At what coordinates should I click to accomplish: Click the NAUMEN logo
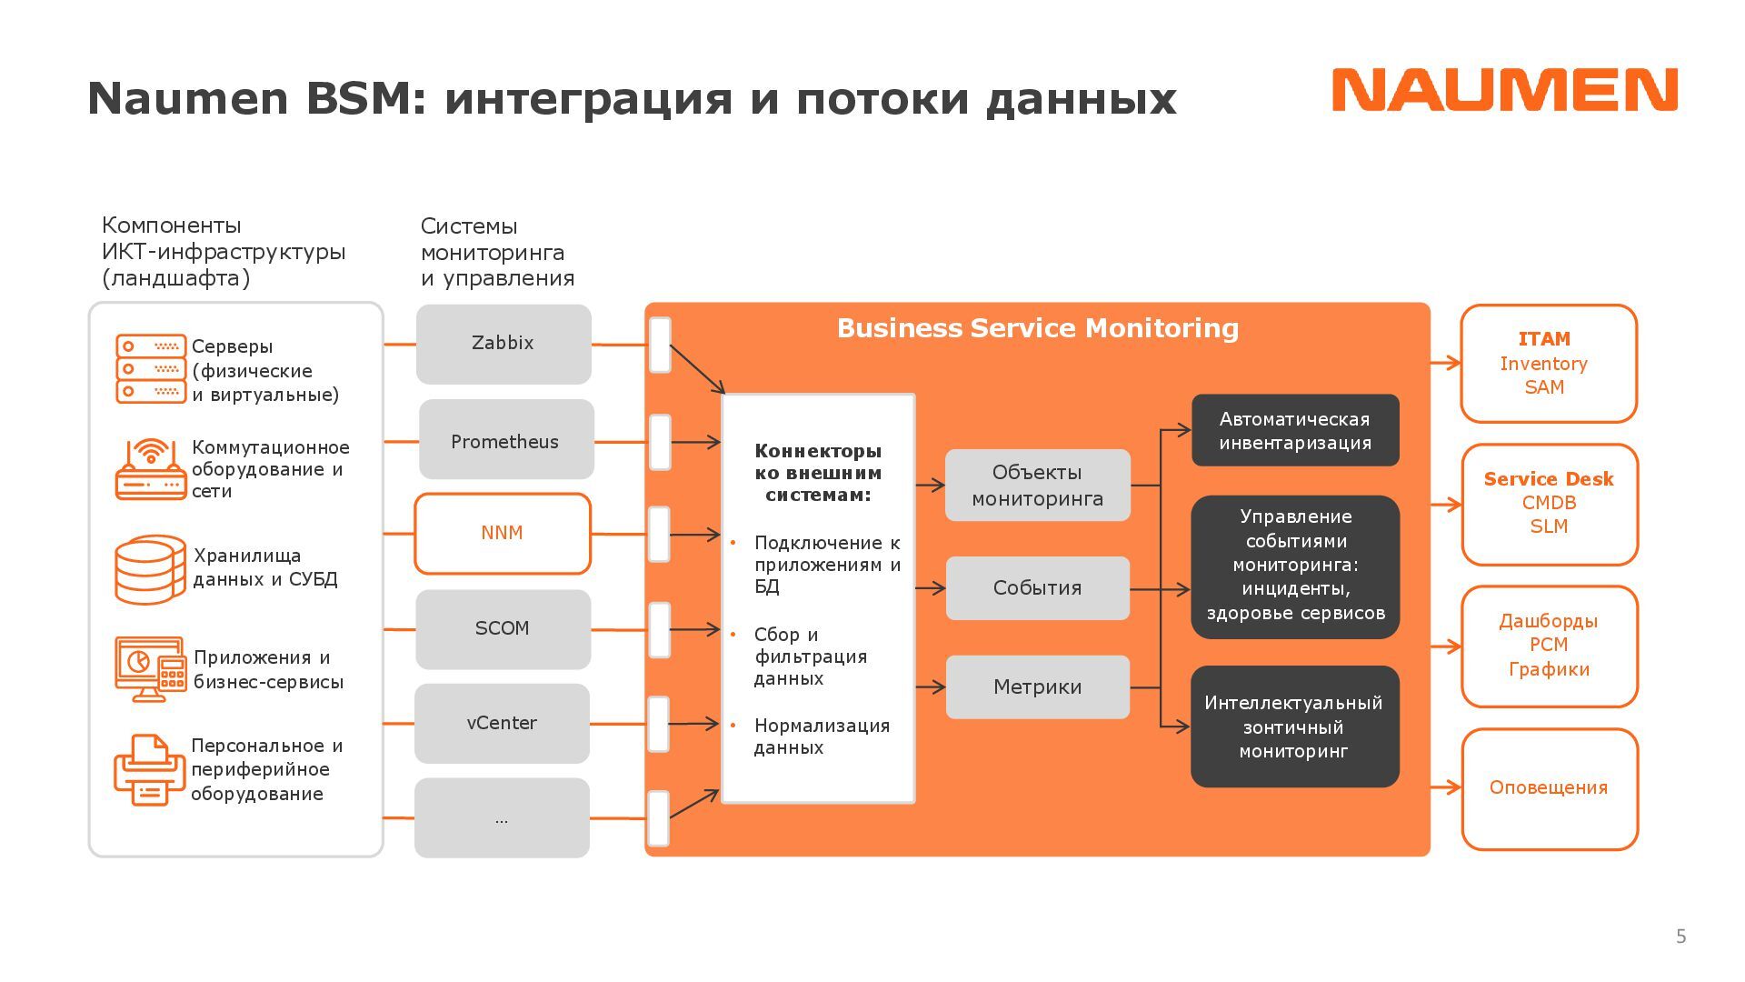tap(1504, 90)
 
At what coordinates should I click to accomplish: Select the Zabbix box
tap(504, 344)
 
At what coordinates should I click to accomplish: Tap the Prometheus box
tap(505, 440)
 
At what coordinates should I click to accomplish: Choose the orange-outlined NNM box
tap(503, 533)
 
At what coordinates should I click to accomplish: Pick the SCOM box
tap(503, 629)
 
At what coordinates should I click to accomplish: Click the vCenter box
tap(502, 724)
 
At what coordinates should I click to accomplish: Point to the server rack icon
tap(150, 368)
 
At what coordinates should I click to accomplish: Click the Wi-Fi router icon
tap(150, 469)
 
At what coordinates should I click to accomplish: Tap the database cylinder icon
tap(150, 569)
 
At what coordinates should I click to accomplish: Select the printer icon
tap(149, 769)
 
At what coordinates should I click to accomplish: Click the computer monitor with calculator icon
tap(150, 668)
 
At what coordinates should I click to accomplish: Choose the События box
tap(1037, 588)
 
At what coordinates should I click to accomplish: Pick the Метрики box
tap(1037, 687)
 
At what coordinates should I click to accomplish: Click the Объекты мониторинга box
tap(1037, 486)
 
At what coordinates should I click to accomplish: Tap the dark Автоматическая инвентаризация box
tap(1295, 431)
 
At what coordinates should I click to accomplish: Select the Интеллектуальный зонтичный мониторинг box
tap(1294, 726)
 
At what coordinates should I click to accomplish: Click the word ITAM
tap(1544, 339)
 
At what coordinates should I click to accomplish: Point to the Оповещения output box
tap(1549, 788)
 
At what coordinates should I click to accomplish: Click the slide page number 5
tap(1680, 937)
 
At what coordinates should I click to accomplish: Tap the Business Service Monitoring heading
tap(1037, 328)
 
